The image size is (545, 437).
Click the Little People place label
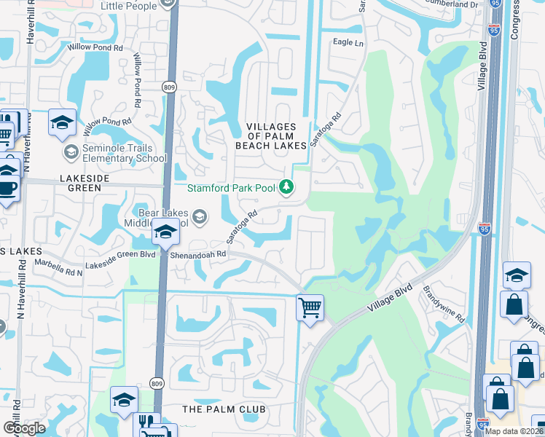point(128,6)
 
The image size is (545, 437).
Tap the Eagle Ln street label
point(348,43)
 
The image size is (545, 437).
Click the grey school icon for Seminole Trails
point(71,151)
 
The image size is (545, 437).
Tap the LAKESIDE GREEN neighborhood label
point(74,182)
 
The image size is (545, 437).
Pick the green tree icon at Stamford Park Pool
point(287,188)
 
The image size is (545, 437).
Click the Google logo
point(24,428)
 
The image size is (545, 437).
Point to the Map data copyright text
point(513,431)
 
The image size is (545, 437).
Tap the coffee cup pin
point(7,188)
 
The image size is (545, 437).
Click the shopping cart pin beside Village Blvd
point(310,307)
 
